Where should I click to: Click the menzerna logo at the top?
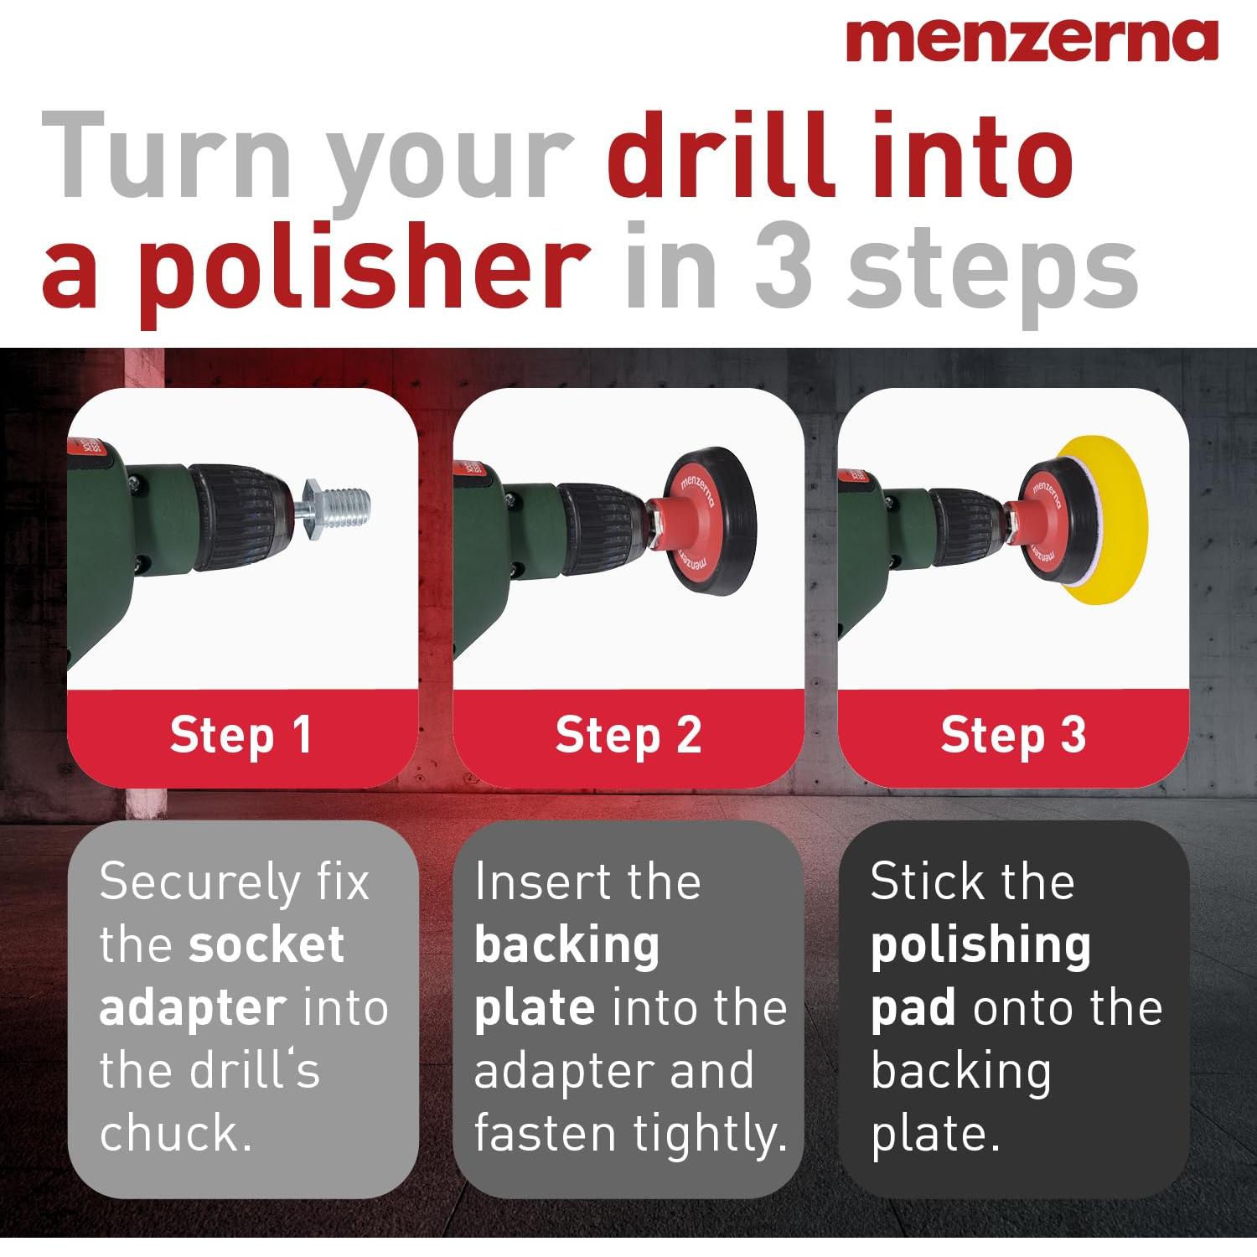click(1032, 39)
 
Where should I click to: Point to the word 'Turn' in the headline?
click(166, 157)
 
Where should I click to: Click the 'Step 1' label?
click(241, 735)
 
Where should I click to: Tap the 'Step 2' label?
click(628, 735)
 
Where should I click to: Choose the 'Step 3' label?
click(1013, 735)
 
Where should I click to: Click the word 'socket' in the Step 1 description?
click(266, 944)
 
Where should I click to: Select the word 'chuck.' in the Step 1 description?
click(176, 1133)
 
